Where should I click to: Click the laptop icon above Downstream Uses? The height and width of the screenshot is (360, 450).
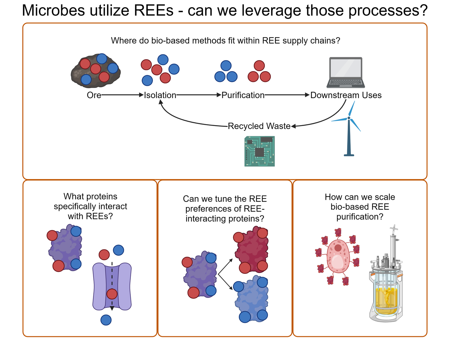click(346, 72)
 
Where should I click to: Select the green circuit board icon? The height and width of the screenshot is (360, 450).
click(259, 151)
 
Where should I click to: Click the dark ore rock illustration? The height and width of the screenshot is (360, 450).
click(96, 71)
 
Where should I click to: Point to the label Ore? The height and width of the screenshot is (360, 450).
click(94, 95)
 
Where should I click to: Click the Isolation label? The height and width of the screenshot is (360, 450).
click(160, 95)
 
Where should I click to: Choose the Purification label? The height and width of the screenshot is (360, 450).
click(243, 95)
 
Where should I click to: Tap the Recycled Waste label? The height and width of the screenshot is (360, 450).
click(259, 126)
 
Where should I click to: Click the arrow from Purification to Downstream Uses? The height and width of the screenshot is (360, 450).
click(287, 95)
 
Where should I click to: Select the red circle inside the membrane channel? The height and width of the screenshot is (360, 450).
click(112, 294)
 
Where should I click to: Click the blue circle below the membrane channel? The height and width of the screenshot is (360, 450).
click(106, 320)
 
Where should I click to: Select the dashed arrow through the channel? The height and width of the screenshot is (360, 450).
click(112, 279)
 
